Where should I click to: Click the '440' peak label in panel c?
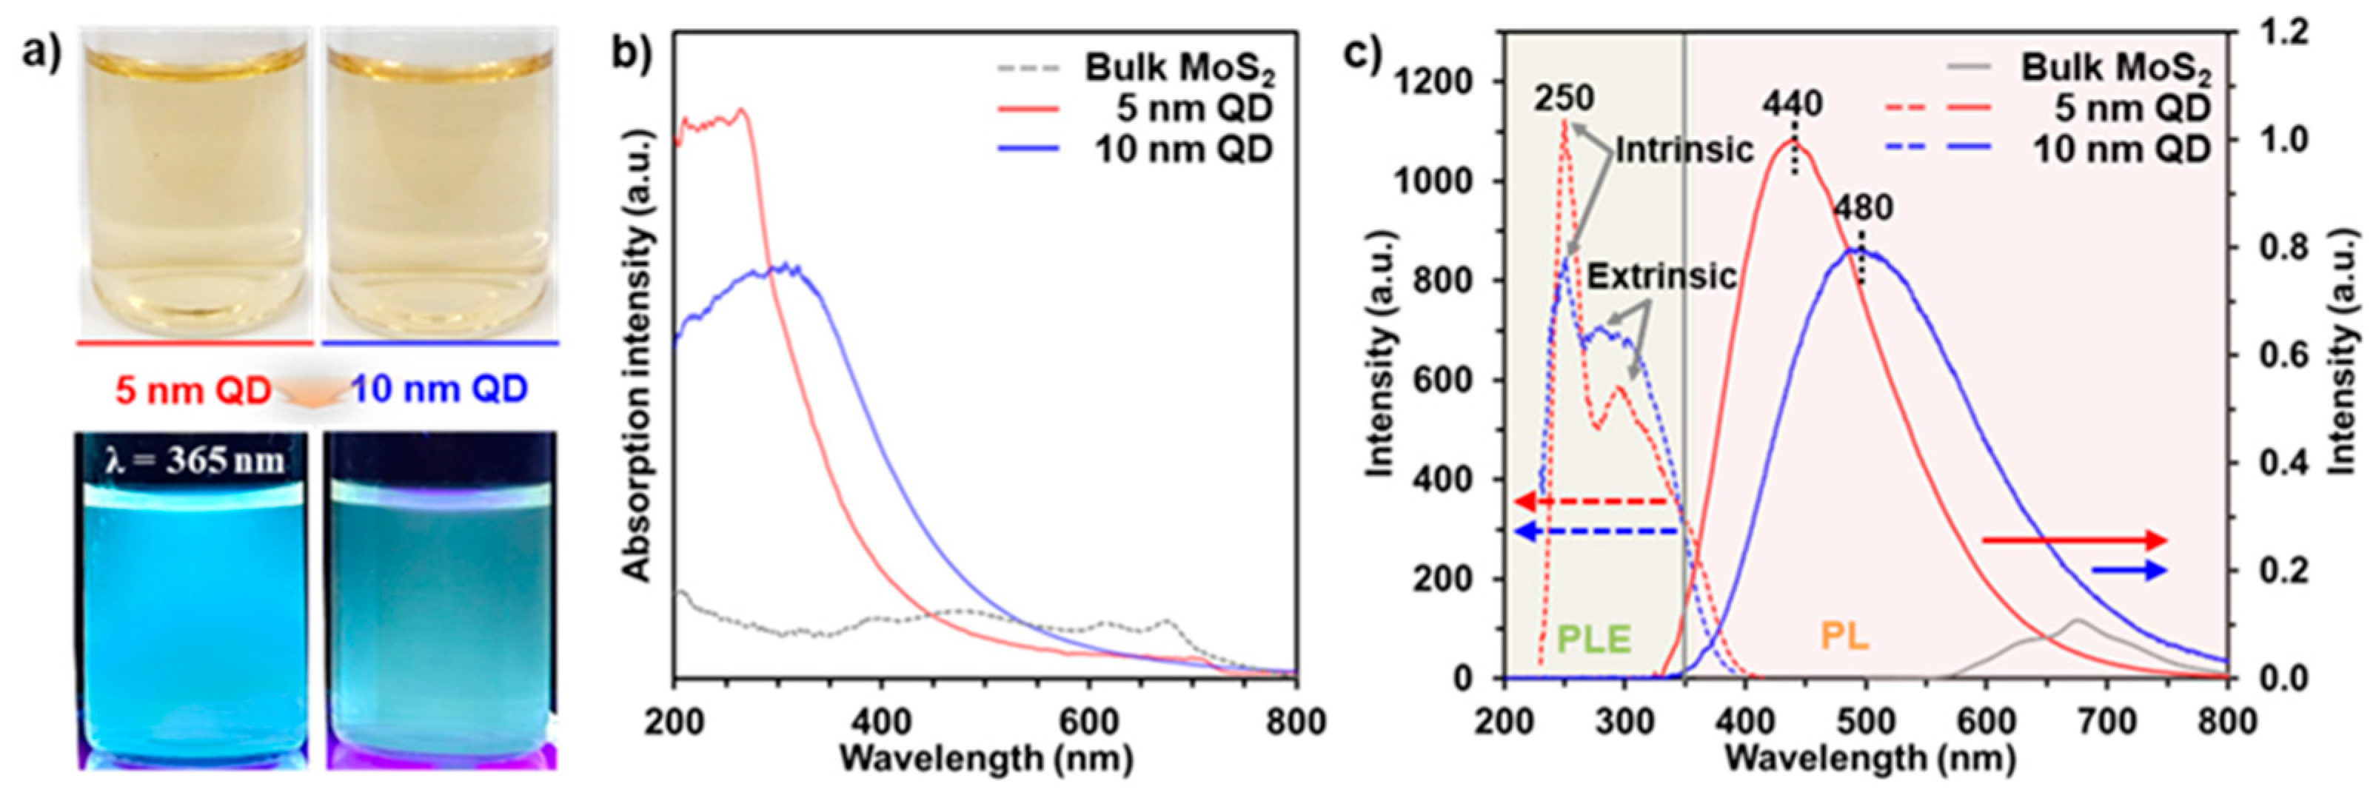1793,104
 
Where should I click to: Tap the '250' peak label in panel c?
1565,98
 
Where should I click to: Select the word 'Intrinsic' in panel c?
1684,150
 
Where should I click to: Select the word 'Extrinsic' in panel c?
1662,276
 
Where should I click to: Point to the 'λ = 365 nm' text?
195,458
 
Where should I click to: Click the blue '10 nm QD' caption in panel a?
440,390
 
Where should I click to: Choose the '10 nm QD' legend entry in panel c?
2121,150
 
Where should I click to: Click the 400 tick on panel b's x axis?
881,721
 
